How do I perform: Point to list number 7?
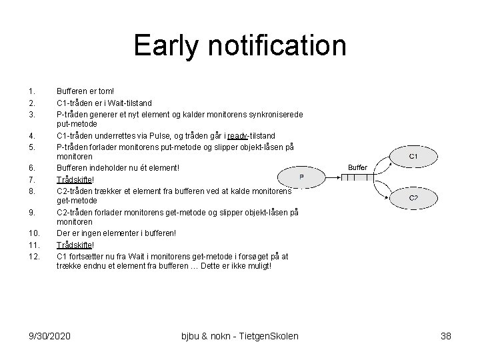[31, 179]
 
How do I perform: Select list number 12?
[33, 255]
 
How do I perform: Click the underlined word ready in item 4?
[238, 135]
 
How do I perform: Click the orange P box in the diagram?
[301, 177]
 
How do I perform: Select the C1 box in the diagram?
[413, 156]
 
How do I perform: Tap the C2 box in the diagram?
[413, 198]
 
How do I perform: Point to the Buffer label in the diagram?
[357, 167]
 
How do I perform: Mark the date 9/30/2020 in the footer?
[50, 336]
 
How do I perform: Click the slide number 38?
[446, 336]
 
